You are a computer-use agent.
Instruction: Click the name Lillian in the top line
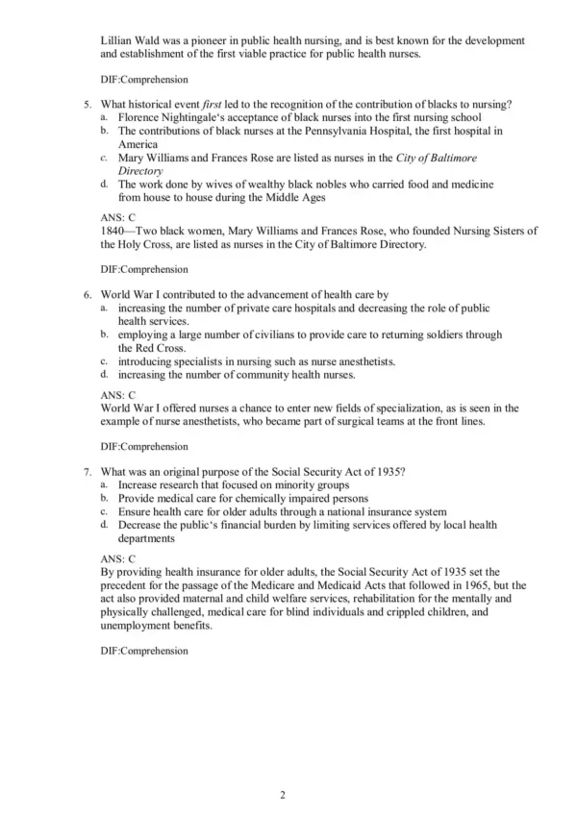(116, 40)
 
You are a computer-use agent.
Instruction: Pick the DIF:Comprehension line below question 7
(143, 652)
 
